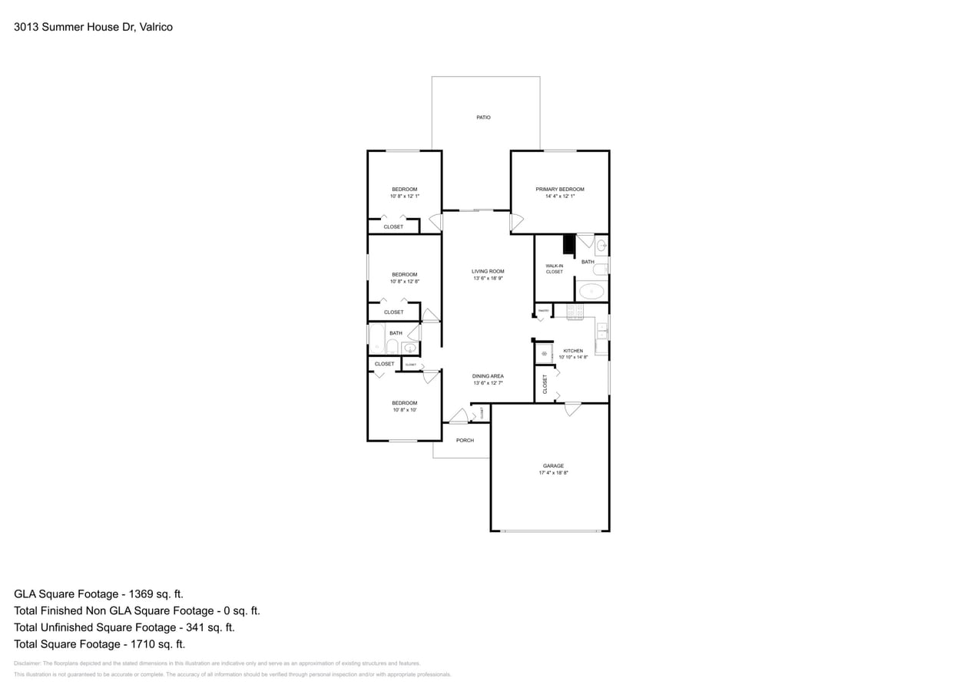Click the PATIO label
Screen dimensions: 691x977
[483, 117]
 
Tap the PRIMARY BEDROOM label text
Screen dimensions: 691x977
[559, 189]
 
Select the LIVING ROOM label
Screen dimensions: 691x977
[488, 271]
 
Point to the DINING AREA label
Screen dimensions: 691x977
[488, 376]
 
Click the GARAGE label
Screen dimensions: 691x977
[553, 466]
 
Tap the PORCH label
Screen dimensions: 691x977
[465, 441]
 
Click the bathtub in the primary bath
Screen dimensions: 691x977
[591, 291]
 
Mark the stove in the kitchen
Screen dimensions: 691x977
[575, 311]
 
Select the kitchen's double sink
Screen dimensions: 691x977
[602, 332]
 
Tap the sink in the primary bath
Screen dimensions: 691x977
[601, 246]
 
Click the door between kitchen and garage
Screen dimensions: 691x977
[572, 408]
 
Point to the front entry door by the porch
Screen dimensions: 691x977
[459, 417]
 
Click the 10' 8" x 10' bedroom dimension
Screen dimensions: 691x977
[405, 410]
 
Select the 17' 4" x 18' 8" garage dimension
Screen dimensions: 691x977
[553, 473]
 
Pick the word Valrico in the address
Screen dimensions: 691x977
[156, 27]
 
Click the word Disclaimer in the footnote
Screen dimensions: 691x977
[27, 663]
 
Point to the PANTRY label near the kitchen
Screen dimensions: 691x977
[543, 310]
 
